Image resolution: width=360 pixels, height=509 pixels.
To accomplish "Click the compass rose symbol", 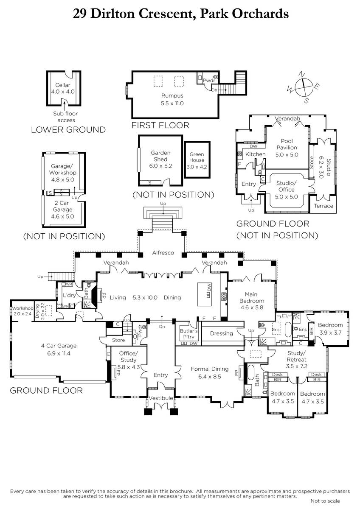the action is pyautogui.click(x=304, y=87).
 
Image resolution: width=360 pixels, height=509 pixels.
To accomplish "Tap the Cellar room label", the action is pyautogui.click(x=63, y=85).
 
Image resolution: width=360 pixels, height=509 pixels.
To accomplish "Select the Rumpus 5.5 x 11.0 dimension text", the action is pyautogui.click(x=172, y=103).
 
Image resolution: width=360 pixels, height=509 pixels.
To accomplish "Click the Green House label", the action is pyautogui.click(x=197, y=157).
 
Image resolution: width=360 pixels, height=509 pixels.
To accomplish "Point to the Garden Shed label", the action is pyautogui.click(x=160, y=156).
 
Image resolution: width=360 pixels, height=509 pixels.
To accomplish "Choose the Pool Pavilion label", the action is pyautogui.click(x=287, y=144).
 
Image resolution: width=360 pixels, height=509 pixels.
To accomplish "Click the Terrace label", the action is pyautogui.click(x=323, y=206).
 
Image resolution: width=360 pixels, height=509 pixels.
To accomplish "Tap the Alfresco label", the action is pyautogui.click(x=163, y=253).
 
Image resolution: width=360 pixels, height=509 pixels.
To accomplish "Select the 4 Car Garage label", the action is pyautogui.click(x=59, y=346).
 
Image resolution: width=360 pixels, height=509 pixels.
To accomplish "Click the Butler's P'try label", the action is pyautogui.click(x=188, y=334).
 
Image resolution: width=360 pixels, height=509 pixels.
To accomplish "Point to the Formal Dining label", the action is pyautogui.click(x=210, y=369).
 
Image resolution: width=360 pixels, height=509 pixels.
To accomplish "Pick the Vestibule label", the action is pyautogui.click(x=161, y=398).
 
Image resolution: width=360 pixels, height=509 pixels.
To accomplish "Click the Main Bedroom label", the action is pyautogui.click(x=251, y=297).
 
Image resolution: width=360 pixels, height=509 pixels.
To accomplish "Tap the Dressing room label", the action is pyautogui.click(x=222, y=333).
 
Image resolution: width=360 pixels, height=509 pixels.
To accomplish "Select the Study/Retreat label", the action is pyautogui.click(x=297, y=356).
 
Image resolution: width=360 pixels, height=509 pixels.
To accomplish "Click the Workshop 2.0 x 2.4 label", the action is pyautogui.click(x=22, y=311).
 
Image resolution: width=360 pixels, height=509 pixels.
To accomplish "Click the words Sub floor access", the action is pyautogui.click(x=65, y=117).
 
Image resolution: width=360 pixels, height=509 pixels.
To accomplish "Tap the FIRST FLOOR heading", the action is pyautogui.click(x=160, y=125).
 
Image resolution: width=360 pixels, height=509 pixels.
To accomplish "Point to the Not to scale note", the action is pyautogui.click(x=325, y=501).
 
